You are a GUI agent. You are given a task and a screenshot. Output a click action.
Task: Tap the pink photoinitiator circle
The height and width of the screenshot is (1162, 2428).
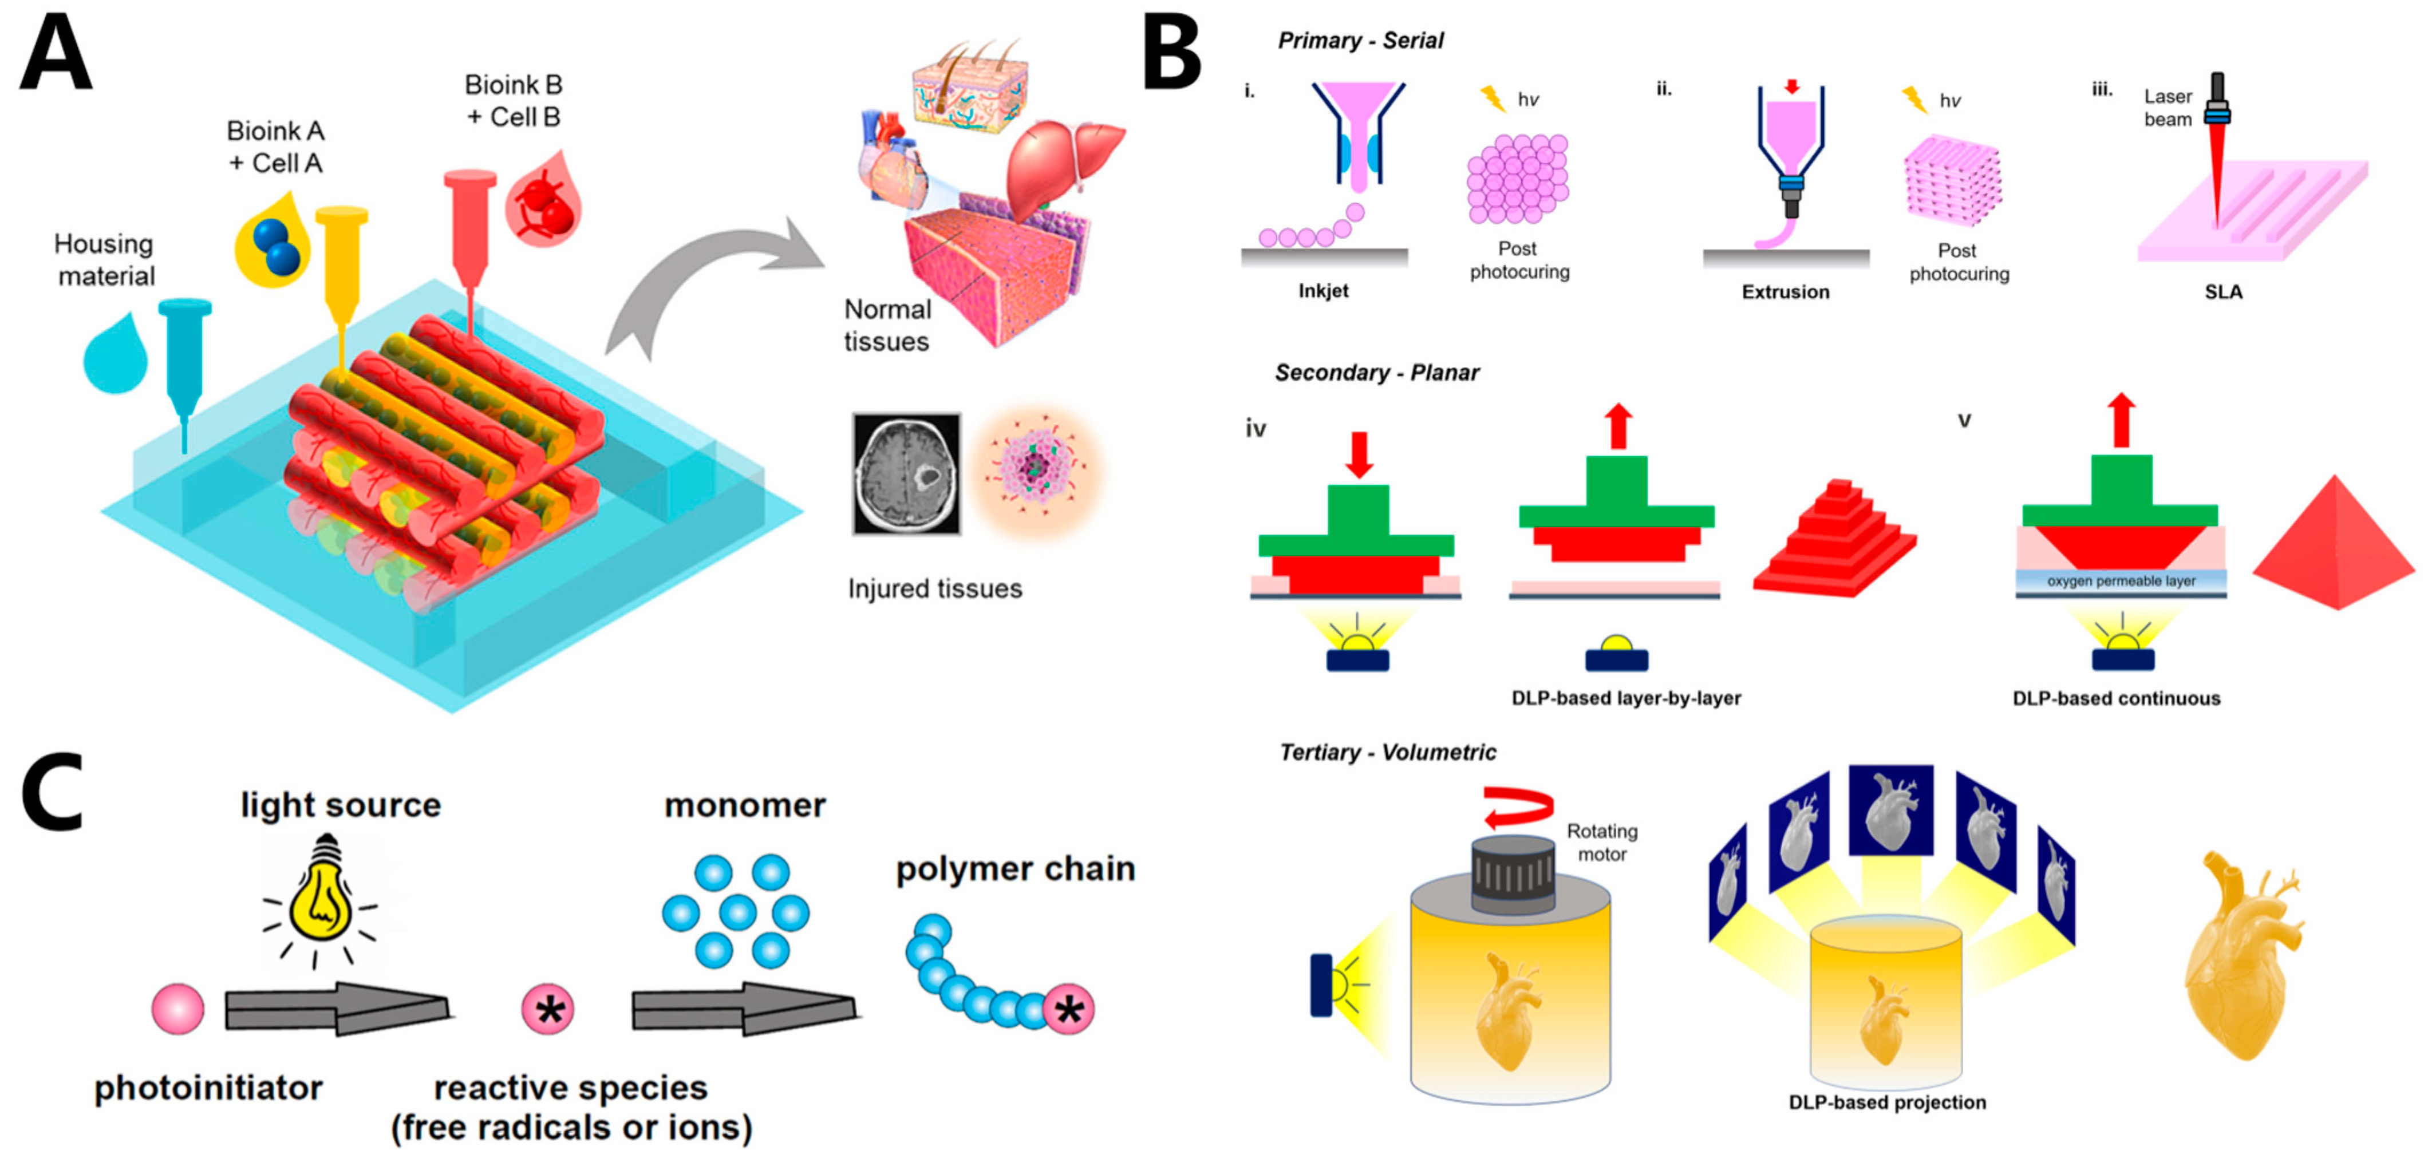(178, 1009)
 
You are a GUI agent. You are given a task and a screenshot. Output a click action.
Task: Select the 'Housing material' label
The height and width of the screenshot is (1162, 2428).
(105, 260)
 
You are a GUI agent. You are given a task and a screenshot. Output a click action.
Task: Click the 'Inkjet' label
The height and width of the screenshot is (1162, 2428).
(1322, 291)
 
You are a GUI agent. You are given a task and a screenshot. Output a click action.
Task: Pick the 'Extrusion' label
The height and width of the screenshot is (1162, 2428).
(1785, 292)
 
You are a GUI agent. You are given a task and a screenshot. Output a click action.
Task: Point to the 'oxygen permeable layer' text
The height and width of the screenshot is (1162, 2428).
(2121, 582)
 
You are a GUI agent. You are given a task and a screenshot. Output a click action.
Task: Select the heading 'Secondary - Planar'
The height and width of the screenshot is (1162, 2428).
(1376, 373)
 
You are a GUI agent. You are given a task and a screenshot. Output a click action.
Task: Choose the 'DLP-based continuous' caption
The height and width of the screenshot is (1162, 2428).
(2116, 698)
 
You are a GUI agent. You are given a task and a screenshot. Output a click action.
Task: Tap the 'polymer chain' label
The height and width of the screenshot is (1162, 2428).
(1015, 869)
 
